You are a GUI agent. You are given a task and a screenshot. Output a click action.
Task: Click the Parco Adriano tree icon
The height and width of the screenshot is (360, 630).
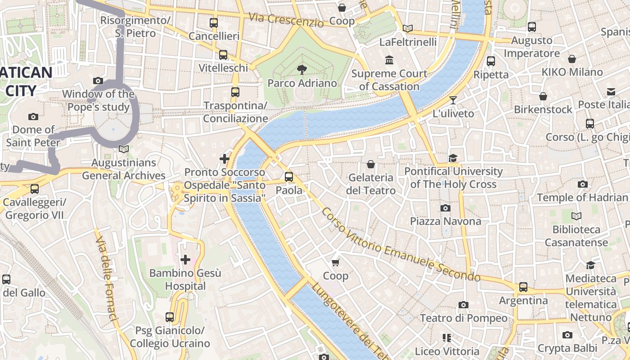pos(302,69)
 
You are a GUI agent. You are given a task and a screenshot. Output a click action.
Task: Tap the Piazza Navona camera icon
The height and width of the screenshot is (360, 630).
pos(445,208)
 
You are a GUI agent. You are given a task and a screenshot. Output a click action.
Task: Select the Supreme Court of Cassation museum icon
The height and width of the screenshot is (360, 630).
pos(389,60)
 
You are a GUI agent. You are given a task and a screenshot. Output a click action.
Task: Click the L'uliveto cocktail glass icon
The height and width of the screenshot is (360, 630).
pos(453,100)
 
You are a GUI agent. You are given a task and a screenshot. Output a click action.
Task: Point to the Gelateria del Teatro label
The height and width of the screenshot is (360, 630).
pos(371,184)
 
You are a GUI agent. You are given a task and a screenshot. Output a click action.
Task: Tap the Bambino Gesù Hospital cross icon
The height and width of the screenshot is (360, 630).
pos(185,260)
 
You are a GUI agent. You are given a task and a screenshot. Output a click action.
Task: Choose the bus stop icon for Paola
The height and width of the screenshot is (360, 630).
pos(289,177)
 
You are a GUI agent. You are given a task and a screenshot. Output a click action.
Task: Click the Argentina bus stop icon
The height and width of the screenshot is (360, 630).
pos(523,287)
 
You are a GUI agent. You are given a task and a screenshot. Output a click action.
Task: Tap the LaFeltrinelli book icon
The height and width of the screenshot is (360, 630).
pos(408,29)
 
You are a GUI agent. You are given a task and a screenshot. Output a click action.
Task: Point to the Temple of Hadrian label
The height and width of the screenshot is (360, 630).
pos(582,198)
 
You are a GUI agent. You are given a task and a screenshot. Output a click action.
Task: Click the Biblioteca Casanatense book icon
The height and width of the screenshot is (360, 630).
pos(576,216)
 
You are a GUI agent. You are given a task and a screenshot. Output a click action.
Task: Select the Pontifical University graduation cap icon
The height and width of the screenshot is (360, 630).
pos(453,158)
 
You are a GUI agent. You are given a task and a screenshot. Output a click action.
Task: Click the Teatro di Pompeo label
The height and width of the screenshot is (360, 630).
pos(463,318)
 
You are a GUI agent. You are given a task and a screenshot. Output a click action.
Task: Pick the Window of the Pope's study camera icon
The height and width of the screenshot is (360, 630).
pos(98,81)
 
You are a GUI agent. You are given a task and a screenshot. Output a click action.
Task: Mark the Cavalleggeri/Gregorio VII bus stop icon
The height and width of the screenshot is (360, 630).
pos(35,189)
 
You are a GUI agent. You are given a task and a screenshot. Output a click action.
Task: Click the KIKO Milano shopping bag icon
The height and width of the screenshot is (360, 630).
pos(572,59)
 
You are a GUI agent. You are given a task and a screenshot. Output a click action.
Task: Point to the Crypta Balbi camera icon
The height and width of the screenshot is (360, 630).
pos(567,335)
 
